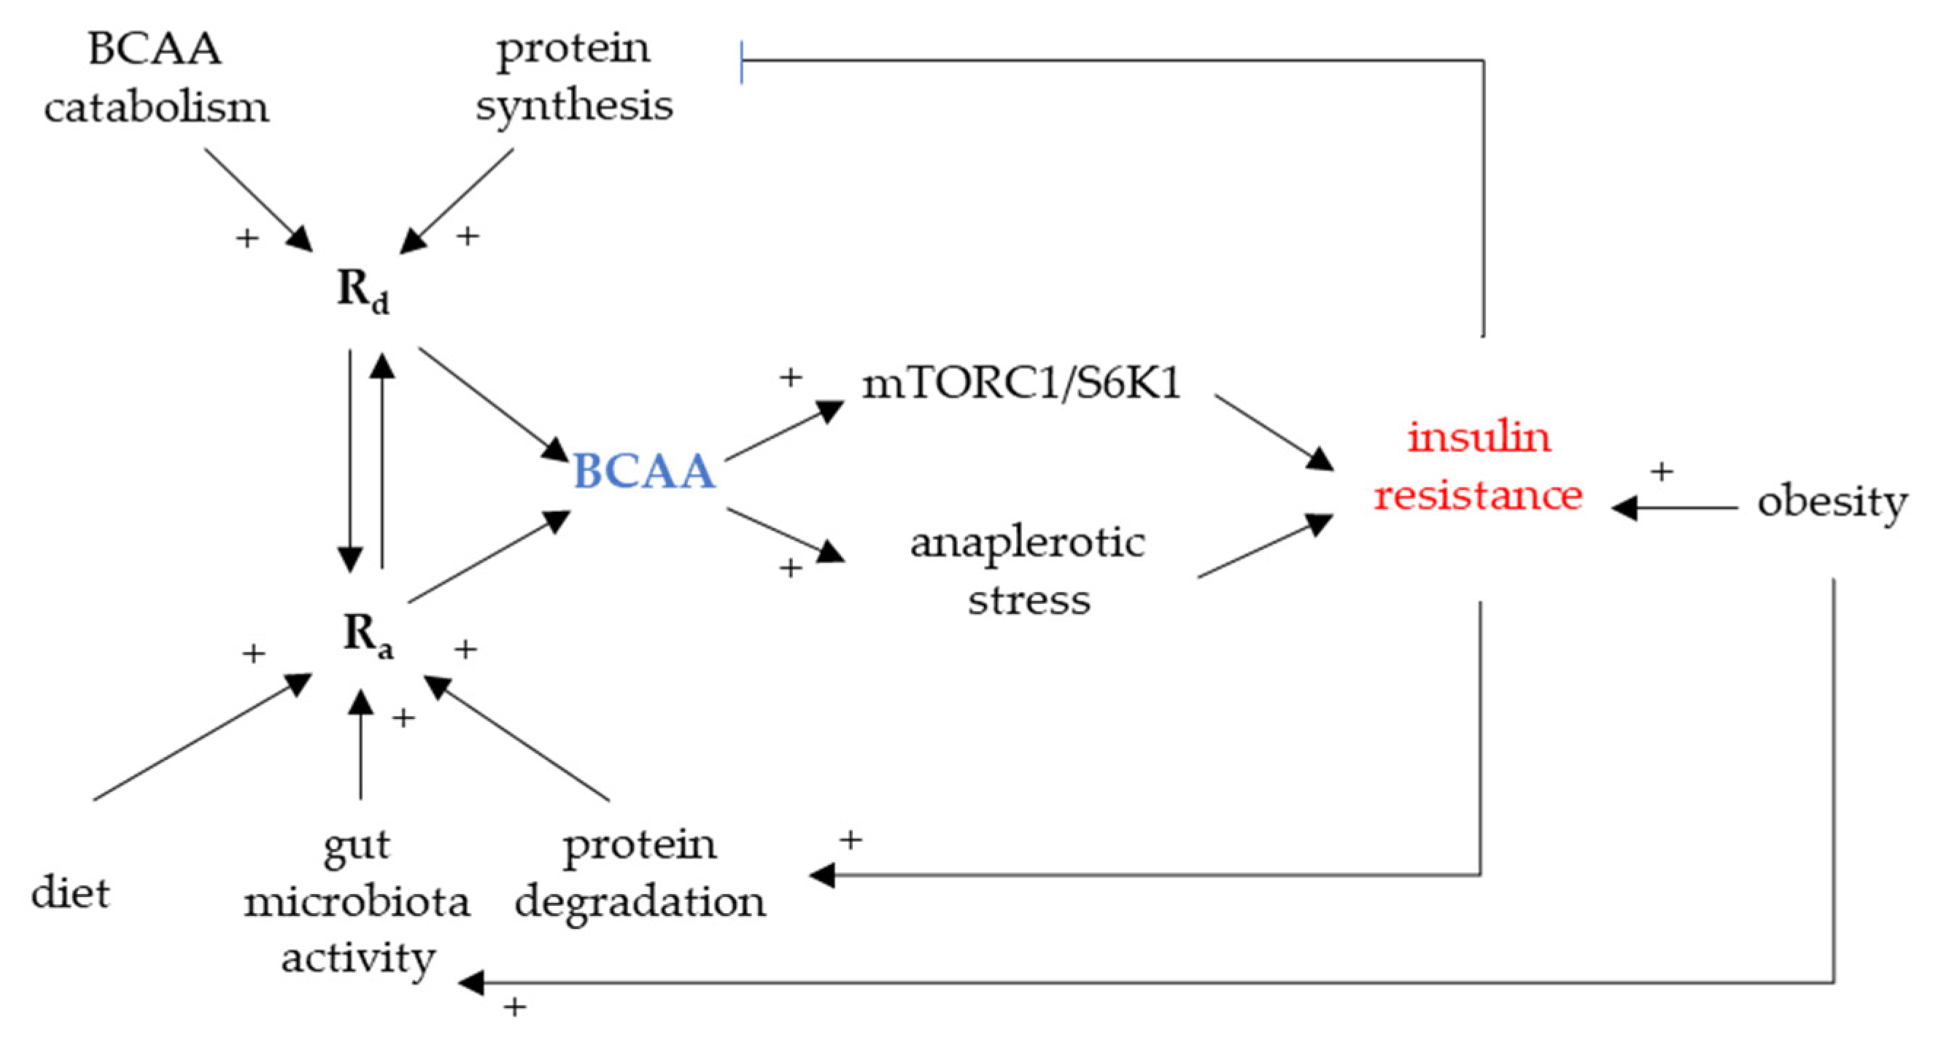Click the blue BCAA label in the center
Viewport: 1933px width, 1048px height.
click(644, 472)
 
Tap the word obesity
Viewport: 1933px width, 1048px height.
click(1832, 501)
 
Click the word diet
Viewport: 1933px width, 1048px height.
click(71, 893)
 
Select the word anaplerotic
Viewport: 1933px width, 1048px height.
click(1027, 542)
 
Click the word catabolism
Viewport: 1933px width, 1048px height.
click(156, 107)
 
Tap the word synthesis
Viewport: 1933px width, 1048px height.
click(574, 105)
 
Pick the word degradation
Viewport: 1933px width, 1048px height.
click(640, 900)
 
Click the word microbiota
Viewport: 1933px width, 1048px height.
click(357, 901)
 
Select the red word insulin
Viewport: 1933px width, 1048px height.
click(1479, 436)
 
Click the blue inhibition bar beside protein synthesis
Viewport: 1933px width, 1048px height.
click(741, 62)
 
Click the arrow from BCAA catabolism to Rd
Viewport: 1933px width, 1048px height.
click(258, 199)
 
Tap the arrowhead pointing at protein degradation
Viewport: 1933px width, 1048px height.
click(824, 874)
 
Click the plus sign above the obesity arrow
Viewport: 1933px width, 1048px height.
click(1662, 471)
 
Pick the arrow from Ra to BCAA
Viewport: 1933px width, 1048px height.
click(488, 556)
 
